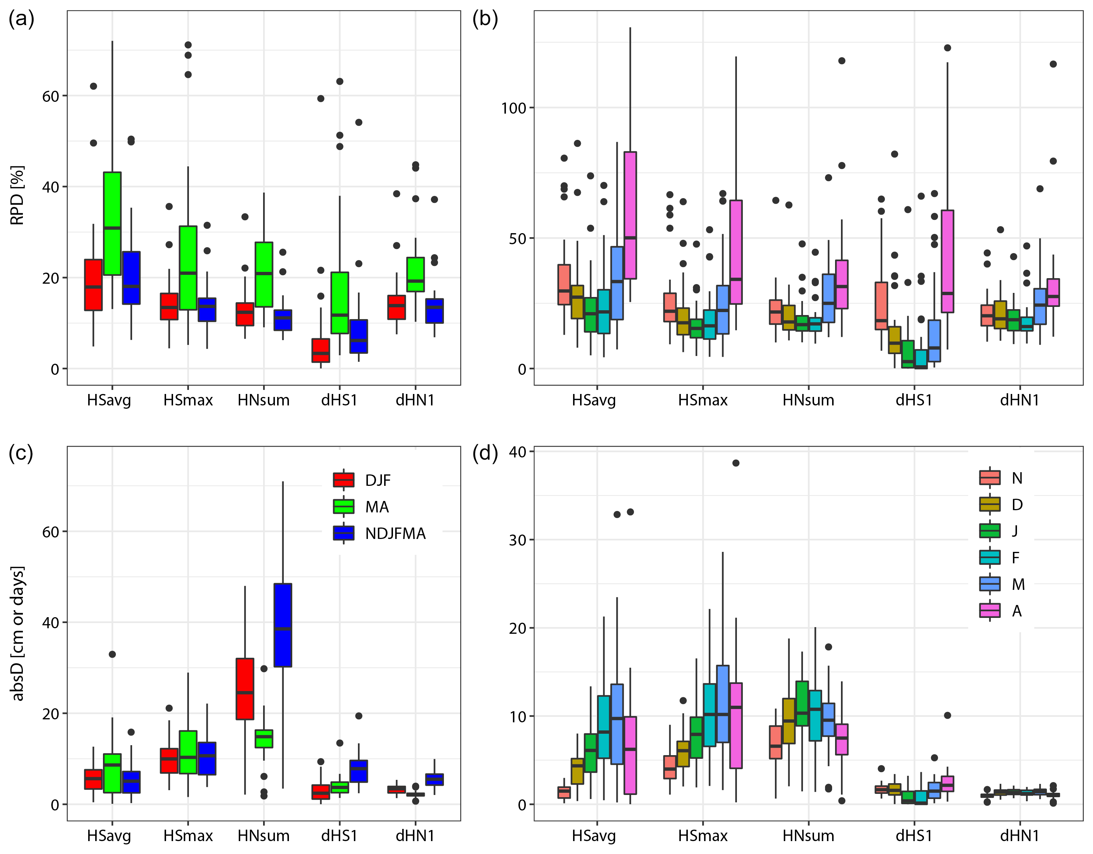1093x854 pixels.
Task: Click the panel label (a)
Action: pyautogui.click(x=21, y=20)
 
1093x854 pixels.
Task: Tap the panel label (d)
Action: pyautogui.click(x=485, y=454)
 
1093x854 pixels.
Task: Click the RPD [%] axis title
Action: pyautogui.click(x=17, y=195)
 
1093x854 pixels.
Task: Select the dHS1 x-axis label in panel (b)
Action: pyautogui.click(x=914, y=400)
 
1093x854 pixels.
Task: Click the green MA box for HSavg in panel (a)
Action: pyautogui.click(x=112, y=224)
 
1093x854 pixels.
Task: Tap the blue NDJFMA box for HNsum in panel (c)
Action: pyautogui.click(x=283, y=625)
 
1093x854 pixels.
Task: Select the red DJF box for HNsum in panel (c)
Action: pyautogui.click(x=245, y=689)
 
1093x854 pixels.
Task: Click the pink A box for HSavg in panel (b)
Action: pyautogui.click(x=630, y=215)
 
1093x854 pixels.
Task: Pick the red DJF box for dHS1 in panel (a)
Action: pyautogui.click(x=321, y=350)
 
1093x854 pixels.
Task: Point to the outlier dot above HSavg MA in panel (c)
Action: pyautogui.click(x=112, y=654)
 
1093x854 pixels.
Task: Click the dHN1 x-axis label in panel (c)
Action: pyautogui.click(x=415, y=836)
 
